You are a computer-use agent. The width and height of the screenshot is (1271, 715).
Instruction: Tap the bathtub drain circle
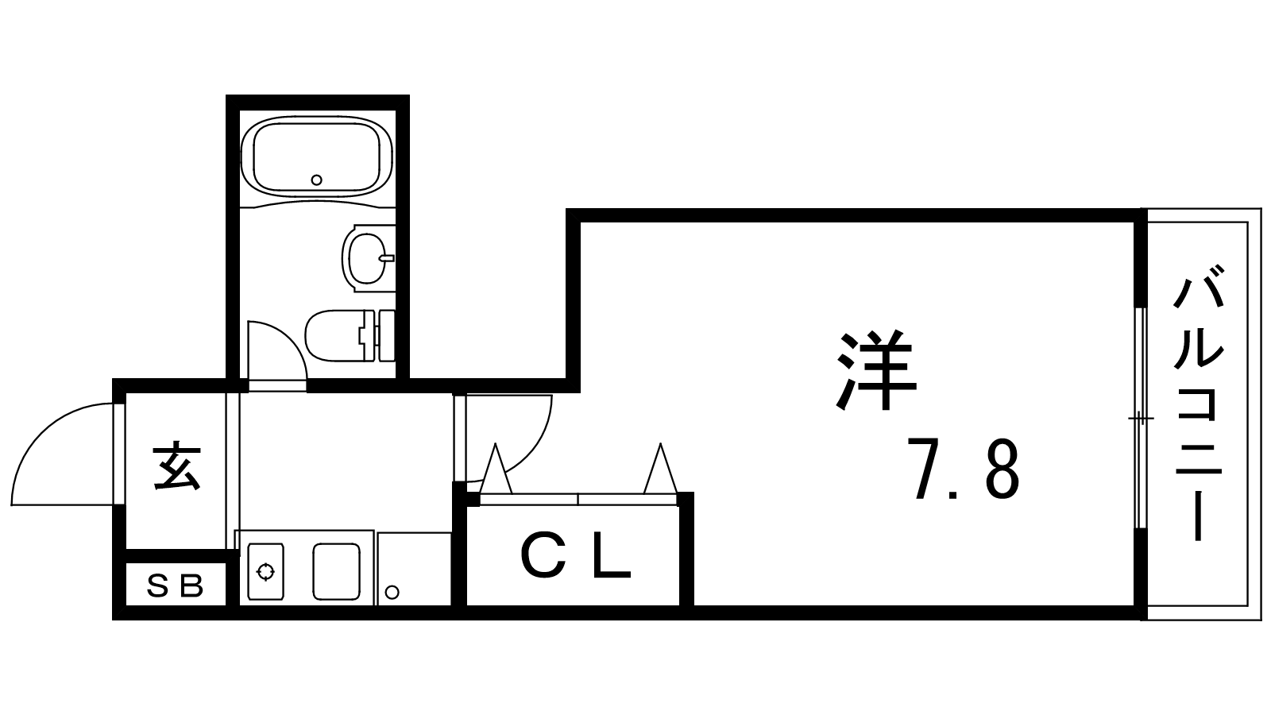(317, 180)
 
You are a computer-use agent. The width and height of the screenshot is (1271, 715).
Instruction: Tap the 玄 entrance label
(176, 466)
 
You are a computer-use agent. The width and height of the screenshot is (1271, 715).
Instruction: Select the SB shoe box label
(176, 587)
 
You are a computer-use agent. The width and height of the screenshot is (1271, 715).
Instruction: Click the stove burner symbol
(265, 572)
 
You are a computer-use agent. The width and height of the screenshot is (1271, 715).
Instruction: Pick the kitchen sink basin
(336, 571)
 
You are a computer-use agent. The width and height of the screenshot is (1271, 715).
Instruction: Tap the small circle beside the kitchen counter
(392, 593)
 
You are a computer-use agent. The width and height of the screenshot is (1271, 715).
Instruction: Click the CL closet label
(575, 557)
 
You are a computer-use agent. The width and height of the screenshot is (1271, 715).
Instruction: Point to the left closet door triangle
(496, 469)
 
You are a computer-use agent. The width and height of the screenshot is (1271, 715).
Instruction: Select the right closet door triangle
(660, 469)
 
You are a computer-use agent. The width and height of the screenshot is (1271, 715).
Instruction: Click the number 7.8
(964, 470)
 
